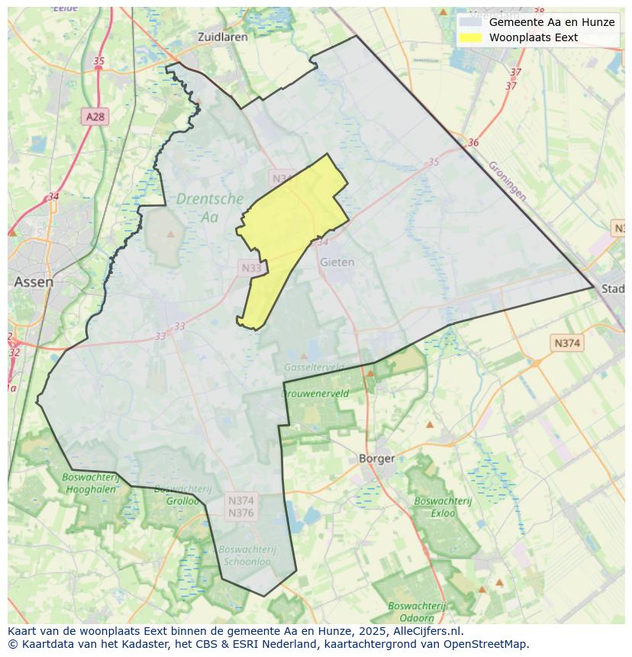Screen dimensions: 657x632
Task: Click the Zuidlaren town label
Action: pos(223,36)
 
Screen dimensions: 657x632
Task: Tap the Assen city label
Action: pos(34,282)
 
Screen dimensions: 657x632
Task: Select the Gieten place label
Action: pos(337,262)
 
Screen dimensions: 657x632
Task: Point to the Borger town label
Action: pos(377,459)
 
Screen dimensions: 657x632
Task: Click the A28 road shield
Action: pos(95,117)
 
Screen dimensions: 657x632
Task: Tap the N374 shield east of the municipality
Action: pos(566,343)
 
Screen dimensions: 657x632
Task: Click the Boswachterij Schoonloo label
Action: pos(247,555)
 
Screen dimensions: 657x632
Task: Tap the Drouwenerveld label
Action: pos(315,394)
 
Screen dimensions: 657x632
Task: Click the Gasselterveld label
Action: pos(313,367)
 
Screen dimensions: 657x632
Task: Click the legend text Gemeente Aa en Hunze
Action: pos(551,22)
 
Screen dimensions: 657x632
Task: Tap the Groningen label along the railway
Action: pos(507,180)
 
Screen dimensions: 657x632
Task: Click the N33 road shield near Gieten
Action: pos(252,268)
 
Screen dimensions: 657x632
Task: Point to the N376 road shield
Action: pos(240,513)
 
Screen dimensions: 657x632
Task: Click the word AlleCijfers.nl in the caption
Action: pos(427,632)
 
